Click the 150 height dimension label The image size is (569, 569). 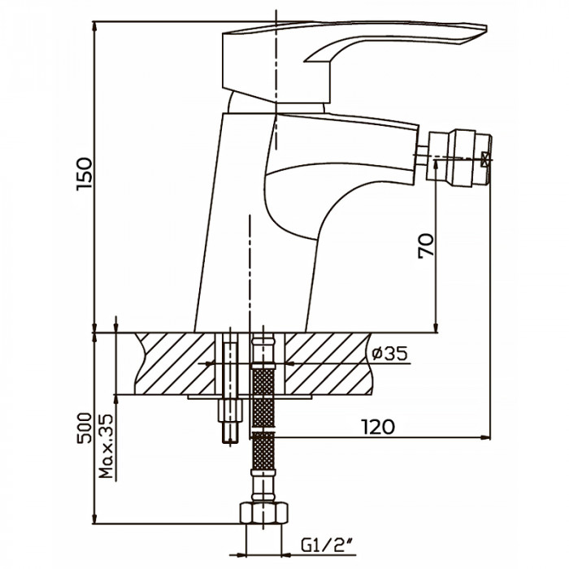[85, 174]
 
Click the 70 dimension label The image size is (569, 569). [426, 245]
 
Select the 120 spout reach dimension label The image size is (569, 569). [378, 427]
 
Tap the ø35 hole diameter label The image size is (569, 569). [389, 353]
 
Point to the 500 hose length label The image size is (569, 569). [85, 428]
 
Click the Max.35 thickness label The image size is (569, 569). [106, 446]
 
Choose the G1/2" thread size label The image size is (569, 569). [328, 545]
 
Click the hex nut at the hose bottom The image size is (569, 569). [264, 512]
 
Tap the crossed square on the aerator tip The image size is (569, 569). [485, 159]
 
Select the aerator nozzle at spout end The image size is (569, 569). [459, 158]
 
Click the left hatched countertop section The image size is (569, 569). [175, 363]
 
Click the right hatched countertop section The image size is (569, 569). [328, 363]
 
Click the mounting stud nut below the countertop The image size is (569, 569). [230, 410]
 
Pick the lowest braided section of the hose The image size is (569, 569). [263, 450]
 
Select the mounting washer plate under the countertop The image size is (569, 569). [250, 397]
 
